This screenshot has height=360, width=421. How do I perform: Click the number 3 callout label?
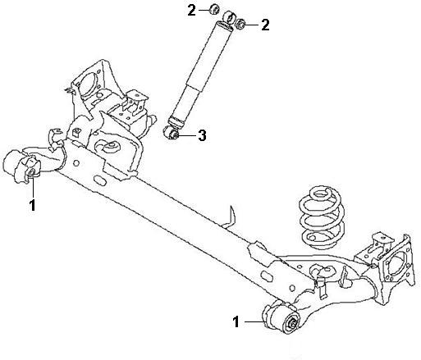tap(202, 135)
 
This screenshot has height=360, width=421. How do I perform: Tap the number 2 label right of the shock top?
tap(265, 25)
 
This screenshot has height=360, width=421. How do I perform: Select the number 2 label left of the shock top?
tap(192, 11)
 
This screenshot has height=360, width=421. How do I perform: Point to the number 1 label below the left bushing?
tap(33, 205)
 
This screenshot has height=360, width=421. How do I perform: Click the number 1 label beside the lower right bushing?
tap(236, 321)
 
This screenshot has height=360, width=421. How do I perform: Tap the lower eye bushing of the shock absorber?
tap(172, 132)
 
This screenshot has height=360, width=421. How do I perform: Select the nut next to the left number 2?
tap(214, 9)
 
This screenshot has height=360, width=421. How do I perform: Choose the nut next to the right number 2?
tap(240, 24)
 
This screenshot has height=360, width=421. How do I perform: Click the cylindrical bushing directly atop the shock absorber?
tap(229, 17)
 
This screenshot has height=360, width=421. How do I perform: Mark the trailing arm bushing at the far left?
tap(21, 166)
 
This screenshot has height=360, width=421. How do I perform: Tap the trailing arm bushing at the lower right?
tap(281, 317)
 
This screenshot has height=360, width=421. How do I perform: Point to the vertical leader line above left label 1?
tap(33, 187)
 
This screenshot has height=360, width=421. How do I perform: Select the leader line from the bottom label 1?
tap(254, 321)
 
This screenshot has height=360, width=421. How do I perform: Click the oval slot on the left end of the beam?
tap(100, 180)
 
